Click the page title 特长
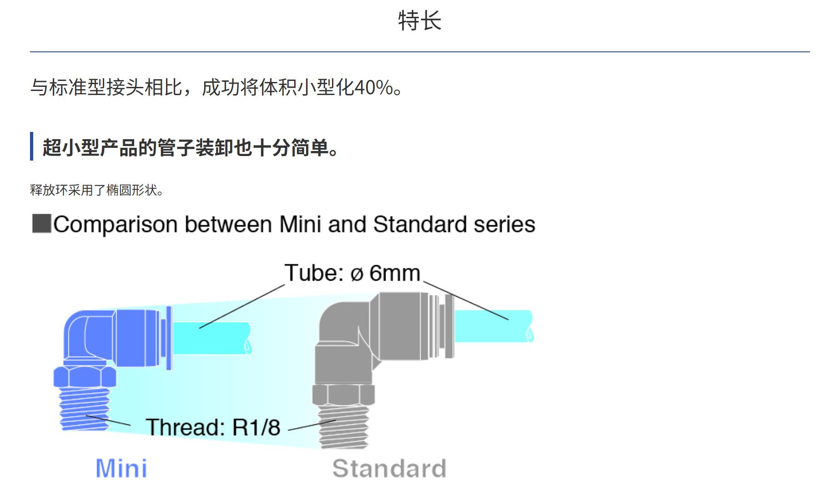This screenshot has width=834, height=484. (x=419, y=21)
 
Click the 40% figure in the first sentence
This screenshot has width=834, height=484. (x=373, y=87)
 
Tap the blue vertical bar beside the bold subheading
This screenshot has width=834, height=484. (x=32, y=146)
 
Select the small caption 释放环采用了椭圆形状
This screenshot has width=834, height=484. (x=96, y=190)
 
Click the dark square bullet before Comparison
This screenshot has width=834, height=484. (x=41, y=224)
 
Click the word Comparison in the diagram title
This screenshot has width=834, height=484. (x=115, y=225)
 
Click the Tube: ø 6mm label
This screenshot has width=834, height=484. (x=352, y=273)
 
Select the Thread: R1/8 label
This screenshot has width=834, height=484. (x=213, y=427)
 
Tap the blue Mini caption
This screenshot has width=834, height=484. (x=121, y=468)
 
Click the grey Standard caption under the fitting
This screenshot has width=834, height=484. (x=389, y=468)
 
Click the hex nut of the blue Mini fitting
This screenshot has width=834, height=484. (x=85, y=377)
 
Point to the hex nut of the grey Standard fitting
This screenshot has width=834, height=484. (x=343, y=394)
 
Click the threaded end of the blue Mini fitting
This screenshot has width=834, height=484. (x=85, y=409)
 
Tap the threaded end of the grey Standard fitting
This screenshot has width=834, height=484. (x=343, y=427)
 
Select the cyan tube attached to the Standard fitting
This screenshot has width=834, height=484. (x=494, y=326)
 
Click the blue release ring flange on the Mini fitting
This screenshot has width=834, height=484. (x=169, y=338)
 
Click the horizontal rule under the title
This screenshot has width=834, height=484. (x=420, y=52)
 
